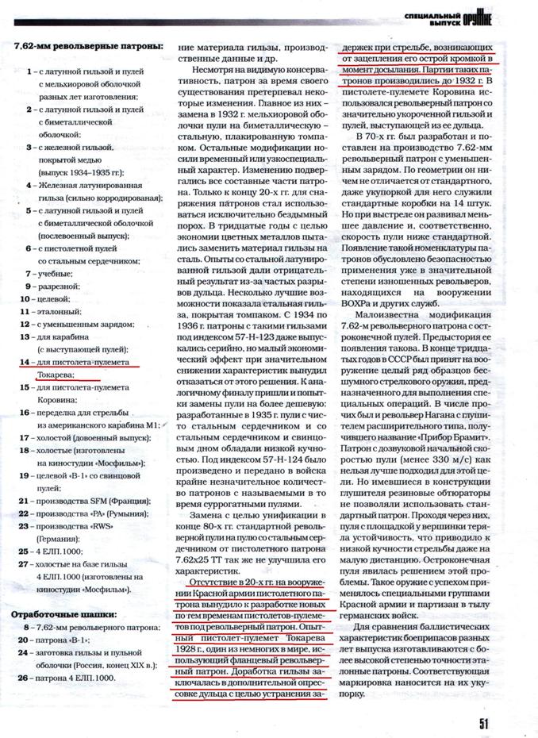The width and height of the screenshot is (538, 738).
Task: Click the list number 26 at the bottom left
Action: [24, 678]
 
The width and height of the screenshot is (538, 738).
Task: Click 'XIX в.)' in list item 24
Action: [144, 667]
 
